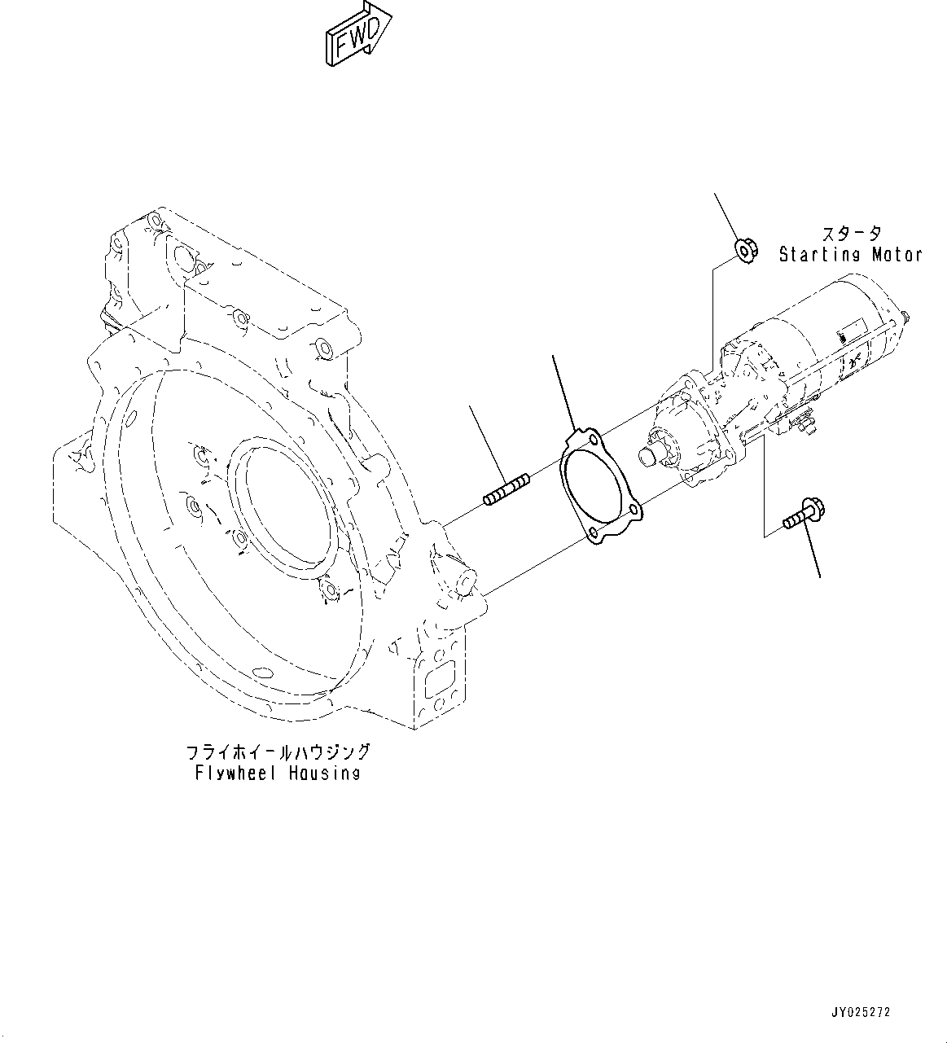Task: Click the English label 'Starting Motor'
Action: click(850, 255)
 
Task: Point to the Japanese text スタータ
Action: click(850, 234)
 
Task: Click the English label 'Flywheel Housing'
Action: click(277, 773)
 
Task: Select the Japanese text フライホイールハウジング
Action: click(278, 752)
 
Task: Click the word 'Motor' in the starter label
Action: click(897, 255)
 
